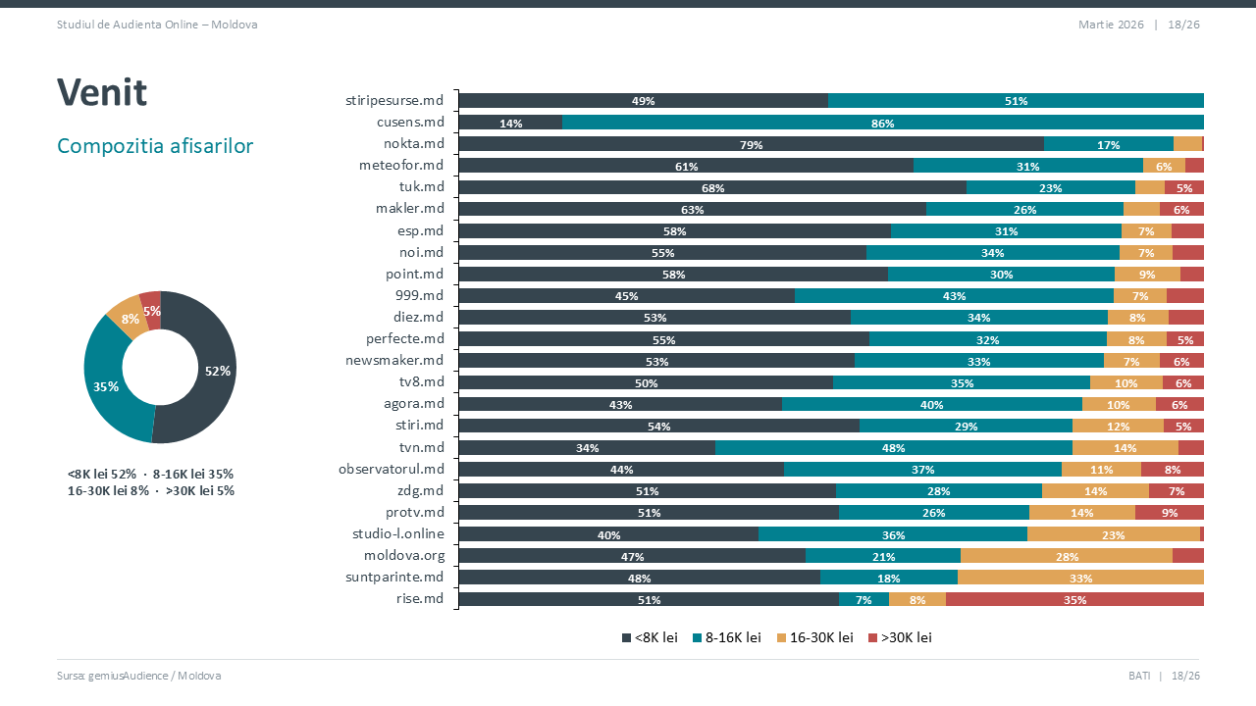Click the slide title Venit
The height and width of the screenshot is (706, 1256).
(102, 93)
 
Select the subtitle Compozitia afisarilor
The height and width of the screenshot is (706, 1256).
(155, 146)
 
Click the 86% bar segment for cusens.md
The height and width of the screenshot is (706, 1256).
(882, 123)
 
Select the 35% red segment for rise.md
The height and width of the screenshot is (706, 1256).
(1074, 599)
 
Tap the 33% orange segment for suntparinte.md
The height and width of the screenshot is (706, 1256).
(1080, 578)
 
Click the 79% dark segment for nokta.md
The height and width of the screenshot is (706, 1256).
(751, 144)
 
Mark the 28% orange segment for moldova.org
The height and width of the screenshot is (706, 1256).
(1067, 556)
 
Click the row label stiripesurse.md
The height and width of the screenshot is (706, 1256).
(394, 100)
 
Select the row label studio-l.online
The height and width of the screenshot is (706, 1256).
(398, 533)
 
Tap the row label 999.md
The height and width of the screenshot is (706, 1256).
(419, 295)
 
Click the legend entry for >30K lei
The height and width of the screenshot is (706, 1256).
(900, 637)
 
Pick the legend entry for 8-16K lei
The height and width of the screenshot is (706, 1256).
(727, 637)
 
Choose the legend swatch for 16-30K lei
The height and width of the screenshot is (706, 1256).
(782, 637)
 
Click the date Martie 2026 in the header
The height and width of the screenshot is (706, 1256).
(1111, 25)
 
